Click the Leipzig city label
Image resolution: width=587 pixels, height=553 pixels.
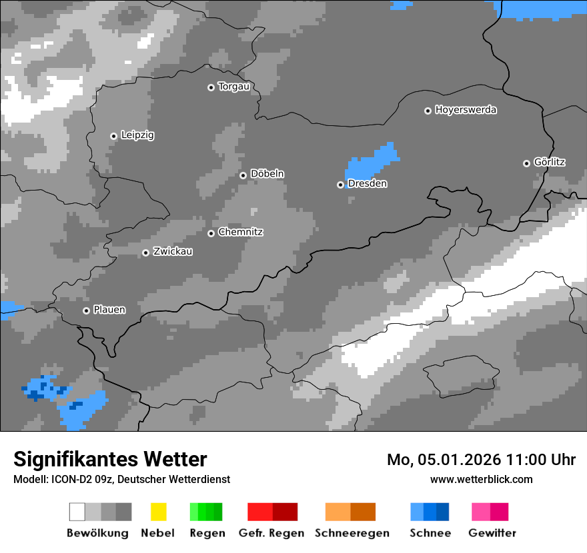pos(137,135)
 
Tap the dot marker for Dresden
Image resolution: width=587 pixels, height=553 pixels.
pos(340,185)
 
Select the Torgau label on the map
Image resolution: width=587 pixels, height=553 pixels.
pos(233,87)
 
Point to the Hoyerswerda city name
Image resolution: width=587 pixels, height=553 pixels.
pos(466,110)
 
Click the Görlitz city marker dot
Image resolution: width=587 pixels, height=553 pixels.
pos(526,163)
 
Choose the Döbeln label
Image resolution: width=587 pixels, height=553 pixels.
pos(267,174)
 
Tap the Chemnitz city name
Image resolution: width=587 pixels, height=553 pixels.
pos(240,233)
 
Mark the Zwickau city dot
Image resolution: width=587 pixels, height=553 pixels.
pos(145,253)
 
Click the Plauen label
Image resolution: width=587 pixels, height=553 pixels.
pos(109,310)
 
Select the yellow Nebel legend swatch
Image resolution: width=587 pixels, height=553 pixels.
pos(158,512)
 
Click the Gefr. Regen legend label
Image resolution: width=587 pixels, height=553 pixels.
pos(271,533)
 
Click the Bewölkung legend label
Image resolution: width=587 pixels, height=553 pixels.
pos(97,533)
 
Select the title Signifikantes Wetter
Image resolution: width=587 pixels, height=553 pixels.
pos(110,459)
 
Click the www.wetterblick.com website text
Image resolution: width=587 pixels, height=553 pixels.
pos(481,479)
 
